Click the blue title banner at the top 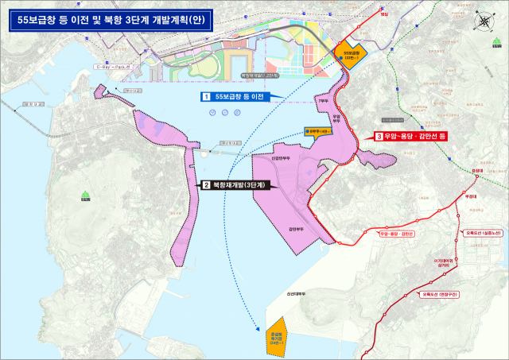[x=111, y=20]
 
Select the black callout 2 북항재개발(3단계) [x=234, y=184]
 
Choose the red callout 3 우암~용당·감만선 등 [x=411, y=137]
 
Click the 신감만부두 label [x=284, y=158]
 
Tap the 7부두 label [x=322, y=101]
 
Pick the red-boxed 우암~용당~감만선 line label [x=396, y=234]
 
